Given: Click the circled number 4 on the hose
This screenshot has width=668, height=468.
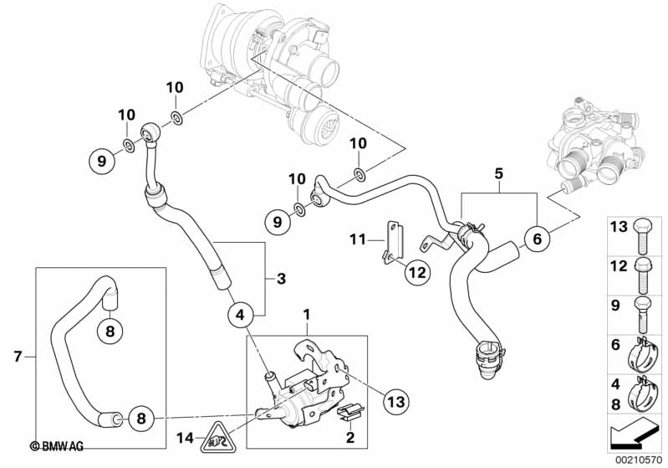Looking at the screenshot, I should tap(240, 315).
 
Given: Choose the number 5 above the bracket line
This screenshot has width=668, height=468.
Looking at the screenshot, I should tap(498, 174).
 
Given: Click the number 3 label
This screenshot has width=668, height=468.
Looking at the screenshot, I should tap(282, 277).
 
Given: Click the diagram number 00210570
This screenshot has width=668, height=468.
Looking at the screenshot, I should tap(640, 458).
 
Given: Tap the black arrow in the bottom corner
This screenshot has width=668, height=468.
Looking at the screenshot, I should tap(638, 435).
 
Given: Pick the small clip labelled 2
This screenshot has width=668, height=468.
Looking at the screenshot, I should tap(350, 411).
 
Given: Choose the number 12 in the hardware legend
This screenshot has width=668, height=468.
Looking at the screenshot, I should tap(617, 265).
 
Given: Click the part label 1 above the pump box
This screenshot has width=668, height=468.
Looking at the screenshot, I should tap(306, 316).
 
